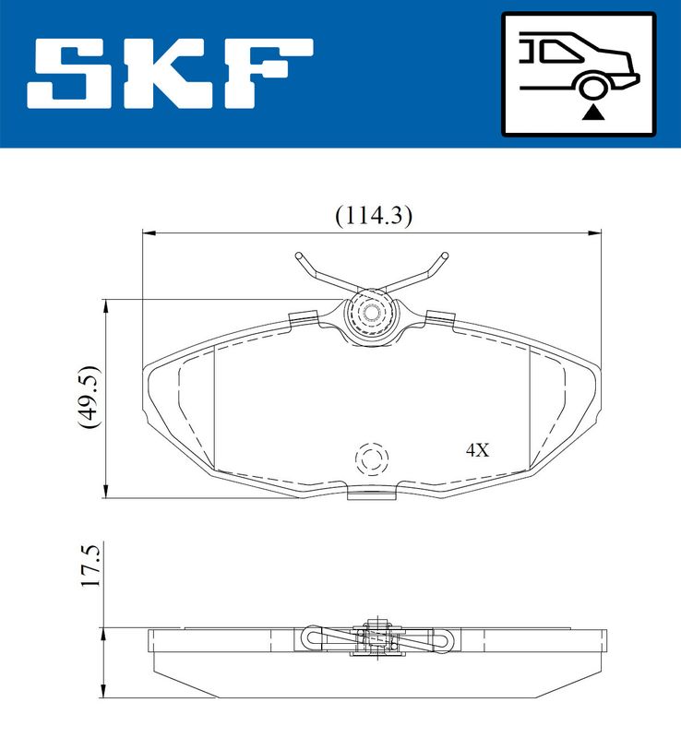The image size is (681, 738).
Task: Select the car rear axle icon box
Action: [x=578, y=73]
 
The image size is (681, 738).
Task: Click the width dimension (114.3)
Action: [x=372, y=215]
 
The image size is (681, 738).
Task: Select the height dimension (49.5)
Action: [x=90, y=397]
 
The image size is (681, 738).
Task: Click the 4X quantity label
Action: [x=476, y=450]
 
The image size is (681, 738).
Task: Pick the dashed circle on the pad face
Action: [x=373, y=458]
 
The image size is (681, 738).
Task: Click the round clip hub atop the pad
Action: [x=372, y=314]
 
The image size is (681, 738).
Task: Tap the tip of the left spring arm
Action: [x=299, y=256]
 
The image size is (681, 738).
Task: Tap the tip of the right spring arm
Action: [x=443, y=255]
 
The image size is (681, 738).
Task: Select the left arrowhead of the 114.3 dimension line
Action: [x=147, y=232]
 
